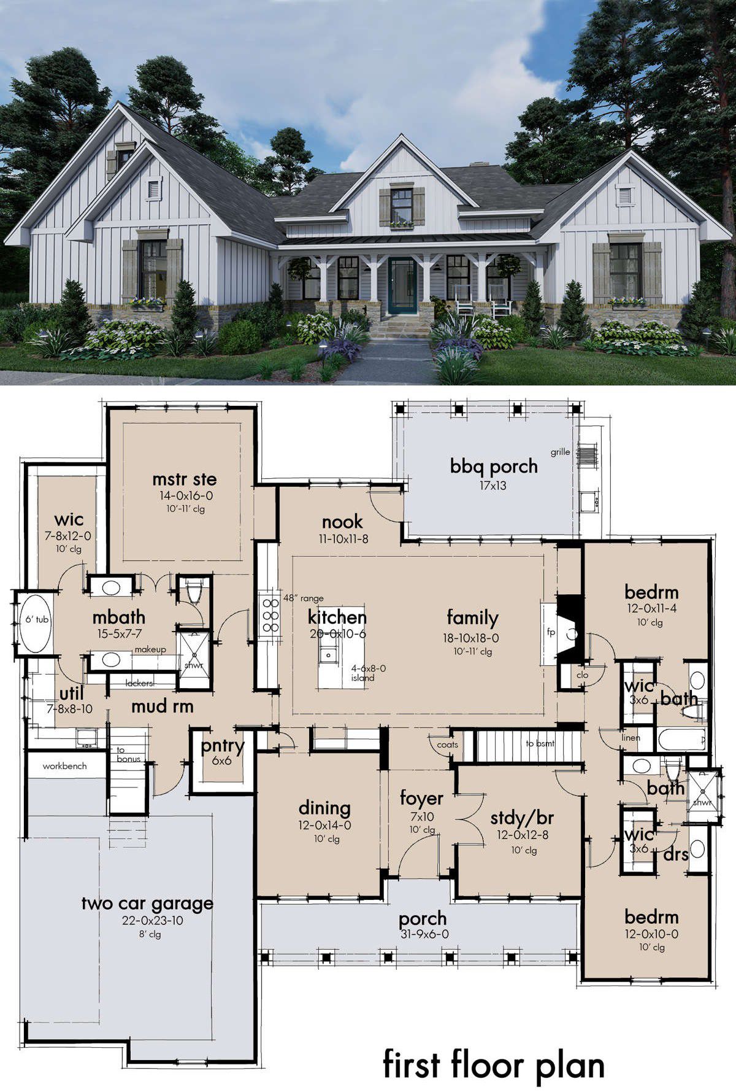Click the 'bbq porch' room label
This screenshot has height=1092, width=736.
(494, 467)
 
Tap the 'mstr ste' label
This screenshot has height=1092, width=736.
(184, 479)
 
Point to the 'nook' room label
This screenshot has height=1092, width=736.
(342, 522)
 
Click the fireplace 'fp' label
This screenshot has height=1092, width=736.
(550, 632)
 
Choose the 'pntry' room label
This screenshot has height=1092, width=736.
(223, 747)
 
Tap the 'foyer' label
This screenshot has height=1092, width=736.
(421, 799)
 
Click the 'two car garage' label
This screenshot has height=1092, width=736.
(147, 904)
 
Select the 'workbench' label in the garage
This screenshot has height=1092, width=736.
(64, 766)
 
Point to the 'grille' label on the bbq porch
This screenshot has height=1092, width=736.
(560, 452)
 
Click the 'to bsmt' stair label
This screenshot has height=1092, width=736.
(540, 743)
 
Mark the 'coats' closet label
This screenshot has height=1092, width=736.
(448, 745)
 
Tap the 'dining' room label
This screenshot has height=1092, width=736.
(324, 808)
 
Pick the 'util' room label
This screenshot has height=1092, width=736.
(72, 694)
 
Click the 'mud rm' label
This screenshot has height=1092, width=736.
(163, 707)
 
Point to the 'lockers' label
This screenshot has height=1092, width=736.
(139, 683)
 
